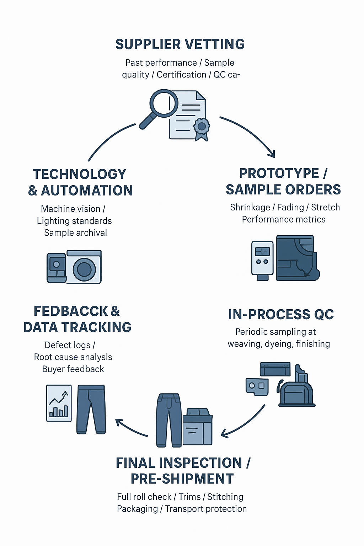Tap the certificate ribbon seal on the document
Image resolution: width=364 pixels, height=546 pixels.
point(202,127)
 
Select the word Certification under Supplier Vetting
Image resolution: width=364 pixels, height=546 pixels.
point(181,75)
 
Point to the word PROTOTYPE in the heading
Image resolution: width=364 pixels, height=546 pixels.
point(279,173)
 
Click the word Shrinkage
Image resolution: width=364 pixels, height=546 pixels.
point(250,207)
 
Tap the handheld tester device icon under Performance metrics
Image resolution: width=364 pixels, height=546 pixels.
point(262,259)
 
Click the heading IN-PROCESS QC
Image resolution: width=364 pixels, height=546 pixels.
point(281,315)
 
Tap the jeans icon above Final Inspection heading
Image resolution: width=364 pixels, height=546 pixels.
point(169,419)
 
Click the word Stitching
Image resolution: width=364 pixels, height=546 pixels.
point(225,497)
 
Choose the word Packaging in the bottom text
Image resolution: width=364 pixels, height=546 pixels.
point(137,509)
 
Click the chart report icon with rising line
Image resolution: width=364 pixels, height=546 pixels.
point(59,403)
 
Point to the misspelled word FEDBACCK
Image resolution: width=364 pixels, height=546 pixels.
point(71,311)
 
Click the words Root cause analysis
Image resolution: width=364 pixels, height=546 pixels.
point(73,357)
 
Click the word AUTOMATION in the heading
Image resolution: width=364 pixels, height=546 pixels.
point(87,191)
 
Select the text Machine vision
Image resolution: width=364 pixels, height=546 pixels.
point(71,209)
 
